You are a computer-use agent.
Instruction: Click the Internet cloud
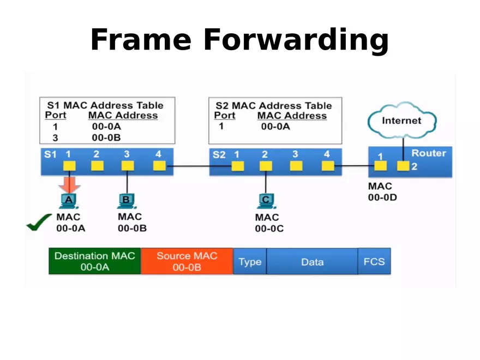point(401,121)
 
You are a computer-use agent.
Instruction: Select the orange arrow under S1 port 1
point(69,183)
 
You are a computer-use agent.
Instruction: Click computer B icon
point(126,201)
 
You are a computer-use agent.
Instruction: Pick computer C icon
point(266,201)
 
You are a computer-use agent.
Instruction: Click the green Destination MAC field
point(95,261)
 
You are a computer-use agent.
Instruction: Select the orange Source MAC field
point(187,261)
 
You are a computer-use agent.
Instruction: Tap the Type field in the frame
point(250,262)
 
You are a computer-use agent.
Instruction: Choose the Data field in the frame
point(312,262)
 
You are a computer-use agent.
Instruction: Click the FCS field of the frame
point(374,262)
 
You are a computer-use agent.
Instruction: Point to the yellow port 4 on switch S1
point(159,166)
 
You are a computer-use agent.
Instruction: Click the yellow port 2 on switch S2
point(266,166)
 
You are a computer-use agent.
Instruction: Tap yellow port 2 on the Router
point(403,166)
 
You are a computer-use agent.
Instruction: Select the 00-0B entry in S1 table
point(106,137)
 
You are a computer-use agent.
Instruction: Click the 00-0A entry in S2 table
point(275,127)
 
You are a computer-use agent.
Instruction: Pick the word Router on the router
point(428,153)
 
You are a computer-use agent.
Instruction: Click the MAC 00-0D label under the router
point(382,192)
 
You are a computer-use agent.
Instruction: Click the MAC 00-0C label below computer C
point(269,223)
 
